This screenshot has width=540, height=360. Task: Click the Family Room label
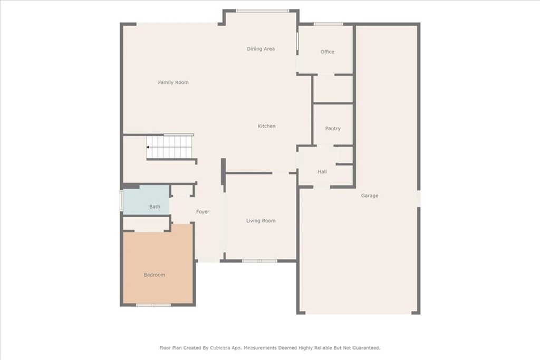click(173, 83)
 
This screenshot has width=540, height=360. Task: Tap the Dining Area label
click(261, 49)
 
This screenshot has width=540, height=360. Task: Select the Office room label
click(327, 52)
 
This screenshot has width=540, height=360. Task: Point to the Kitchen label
click(266, 127)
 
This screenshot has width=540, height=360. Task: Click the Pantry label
click(333, 129)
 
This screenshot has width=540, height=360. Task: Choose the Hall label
click(322, 172)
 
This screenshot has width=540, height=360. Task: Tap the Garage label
click(369, 196)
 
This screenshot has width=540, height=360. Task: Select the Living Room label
click(261, 221)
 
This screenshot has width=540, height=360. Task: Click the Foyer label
click(202, 212)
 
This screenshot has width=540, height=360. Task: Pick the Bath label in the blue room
click(155, 207)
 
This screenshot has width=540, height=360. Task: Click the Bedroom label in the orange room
click(155, 275)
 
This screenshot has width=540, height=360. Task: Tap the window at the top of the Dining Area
click(262, 11)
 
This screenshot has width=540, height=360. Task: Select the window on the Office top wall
click(329, 24)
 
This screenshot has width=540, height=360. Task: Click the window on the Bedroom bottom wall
click(153, 305)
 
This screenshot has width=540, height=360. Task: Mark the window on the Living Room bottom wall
click(259, 260)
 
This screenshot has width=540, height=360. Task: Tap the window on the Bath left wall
click(122, 201)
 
